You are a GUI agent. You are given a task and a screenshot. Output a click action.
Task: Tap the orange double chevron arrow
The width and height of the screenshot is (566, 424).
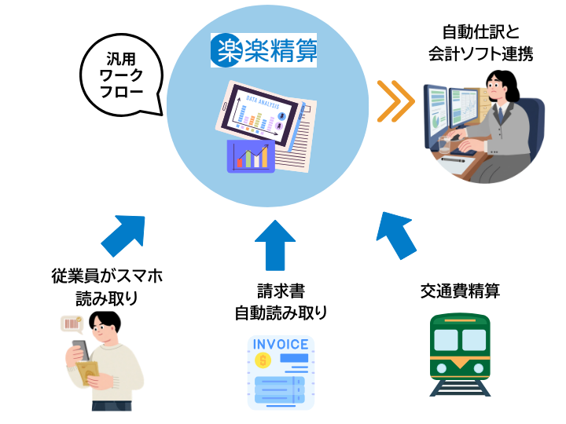(395, 101)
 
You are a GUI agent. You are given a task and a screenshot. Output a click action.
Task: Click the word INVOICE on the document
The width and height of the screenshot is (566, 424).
(281, 345)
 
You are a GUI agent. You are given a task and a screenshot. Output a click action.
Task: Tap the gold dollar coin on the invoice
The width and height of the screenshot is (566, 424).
(263, 360)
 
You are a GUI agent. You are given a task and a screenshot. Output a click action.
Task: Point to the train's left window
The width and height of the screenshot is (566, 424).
(446, 340)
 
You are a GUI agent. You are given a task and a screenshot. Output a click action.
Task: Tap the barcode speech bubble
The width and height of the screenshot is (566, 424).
(72, 323)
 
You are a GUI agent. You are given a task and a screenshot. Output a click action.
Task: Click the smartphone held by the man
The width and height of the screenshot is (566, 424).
(79, 349)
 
